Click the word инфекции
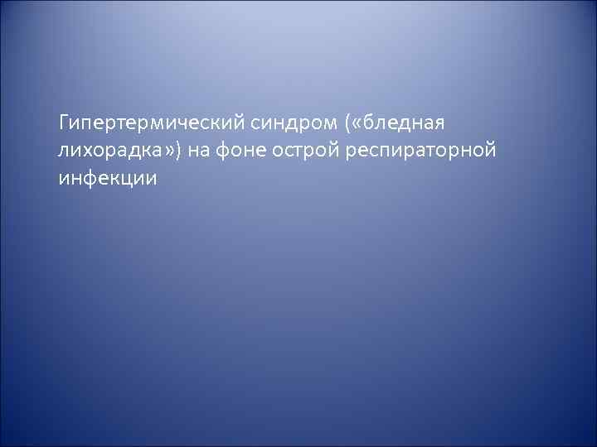[107, 179]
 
